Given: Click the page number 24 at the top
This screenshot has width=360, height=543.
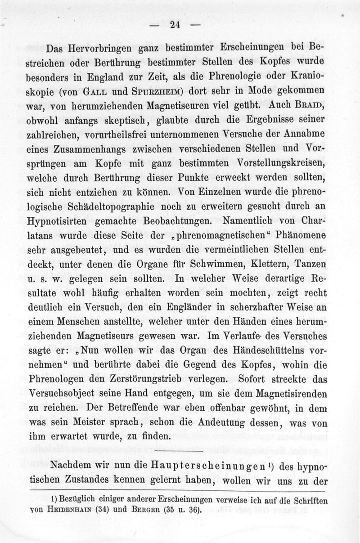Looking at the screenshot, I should pyautogui.click(x=175, y=25).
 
